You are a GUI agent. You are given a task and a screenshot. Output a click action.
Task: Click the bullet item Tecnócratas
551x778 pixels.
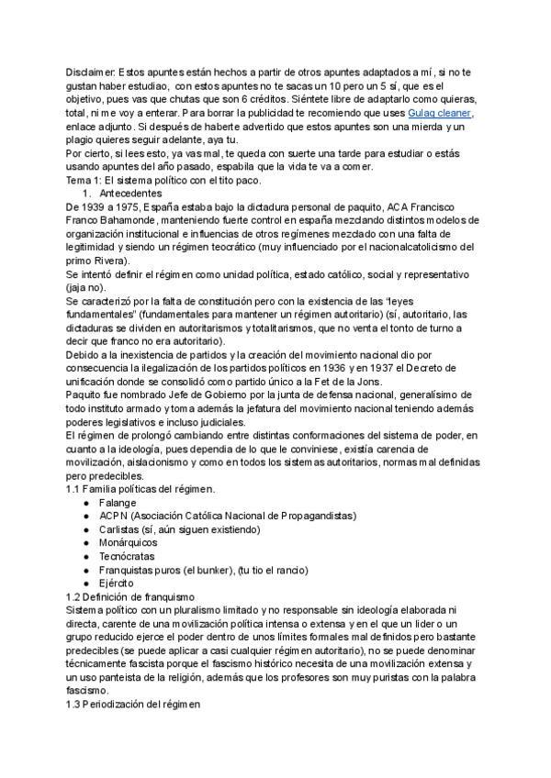(x=128, y=557)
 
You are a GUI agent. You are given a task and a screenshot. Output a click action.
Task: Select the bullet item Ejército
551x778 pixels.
(x=117, y=583)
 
